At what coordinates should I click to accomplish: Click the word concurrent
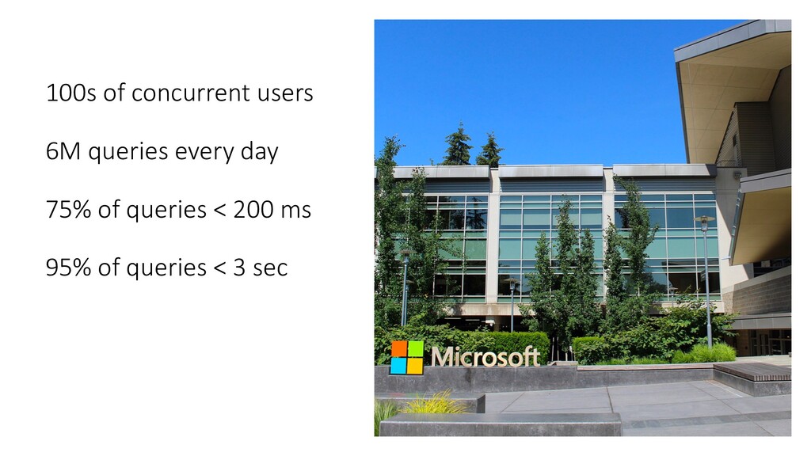click(x=191, y=93)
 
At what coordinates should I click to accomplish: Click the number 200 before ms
click(x=253, y=210)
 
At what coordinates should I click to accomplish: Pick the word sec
click(x=270, y=268)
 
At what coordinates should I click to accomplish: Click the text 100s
click(x=70, y=93)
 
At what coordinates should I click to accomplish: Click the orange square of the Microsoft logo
click(x=399, y=349)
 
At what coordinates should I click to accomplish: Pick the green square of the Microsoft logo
click(x=416, y=348)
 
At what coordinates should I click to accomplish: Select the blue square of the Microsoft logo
click(x=398, y=366)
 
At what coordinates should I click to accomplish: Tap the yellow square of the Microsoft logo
click(x=415, y=366)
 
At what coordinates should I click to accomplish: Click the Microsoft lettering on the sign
click(x=485, y=357)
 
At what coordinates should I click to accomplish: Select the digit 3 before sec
click(x=239, y=268)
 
